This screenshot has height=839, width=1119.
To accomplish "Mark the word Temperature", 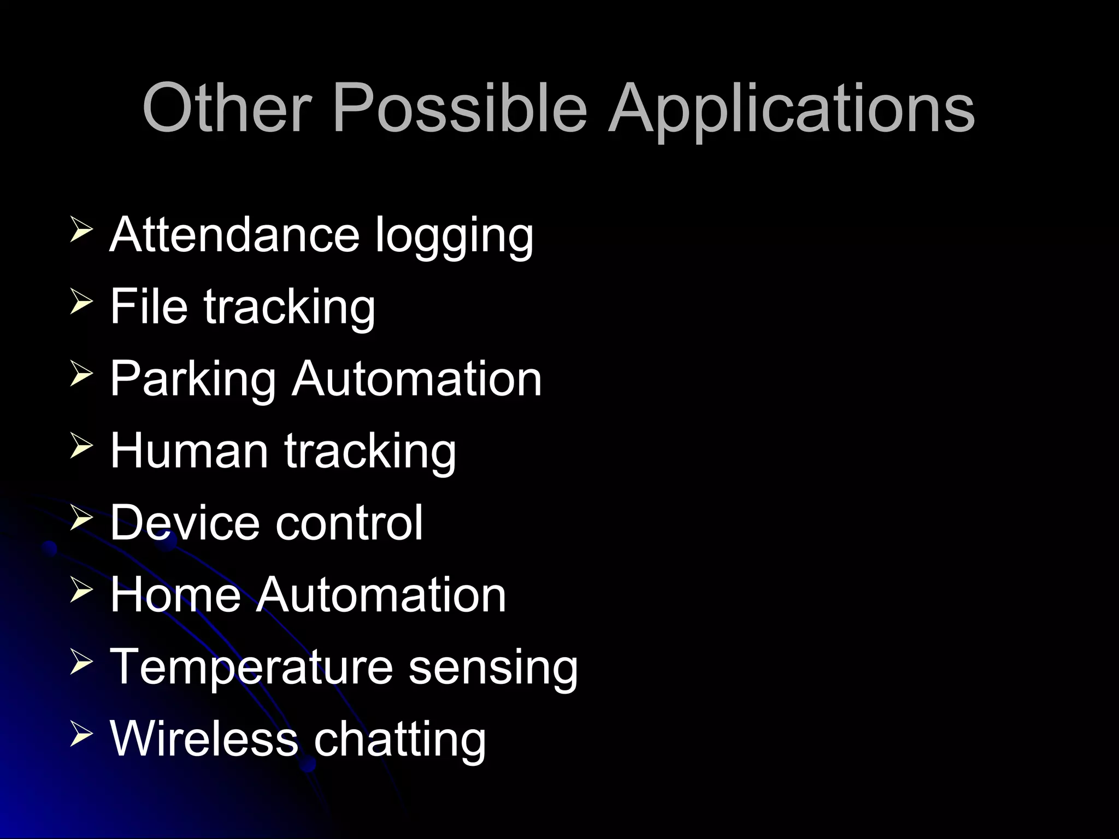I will pyautogui.click(x=251, y=667).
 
